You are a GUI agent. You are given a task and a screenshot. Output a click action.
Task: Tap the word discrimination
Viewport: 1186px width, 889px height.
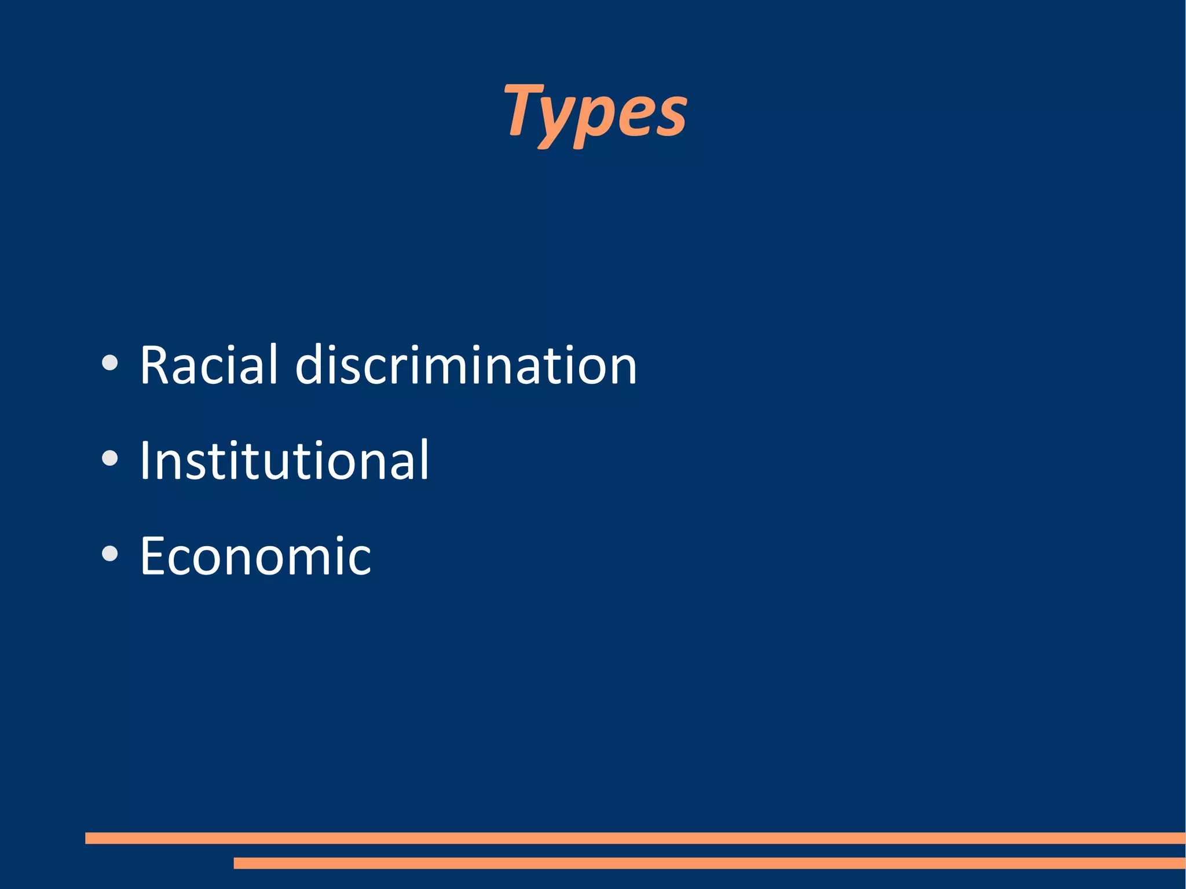[x=466, y=365]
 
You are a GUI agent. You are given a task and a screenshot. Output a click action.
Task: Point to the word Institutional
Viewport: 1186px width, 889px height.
[x=284, y=460]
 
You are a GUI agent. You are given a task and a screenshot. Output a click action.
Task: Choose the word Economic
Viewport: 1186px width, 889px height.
[x=255, y=556]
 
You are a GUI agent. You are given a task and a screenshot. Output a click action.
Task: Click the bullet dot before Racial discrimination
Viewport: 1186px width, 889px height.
[x=109, y=364]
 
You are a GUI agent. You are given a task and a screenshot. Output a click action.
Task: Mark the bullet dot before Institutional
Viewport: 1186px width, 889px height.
[x=109, y=459]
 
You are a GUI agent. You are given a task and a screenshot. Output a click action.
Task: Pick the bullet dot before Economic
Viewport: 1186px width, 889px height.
[x=109, y=554]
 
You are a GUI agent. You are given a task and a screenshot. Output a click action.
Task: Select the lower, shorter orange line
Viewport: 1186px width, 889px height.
[x=709, y=863]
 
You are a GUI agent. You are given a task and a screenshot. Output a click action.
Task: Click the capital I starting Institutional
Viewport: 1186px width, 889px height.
[x=144, y=460]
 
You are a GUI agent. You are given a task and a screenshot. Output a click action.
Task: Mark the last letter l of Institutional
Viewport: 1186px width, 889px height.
[x=424, y=460]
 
